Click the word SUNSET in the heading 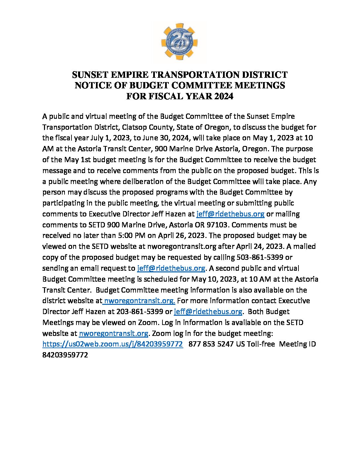[90, 75]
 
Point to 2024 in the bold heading [224, 96]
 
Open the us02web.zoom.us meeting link [112, 344]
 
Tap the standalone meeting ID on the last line [65, 355]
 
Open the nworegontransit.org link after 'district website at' [139, 301]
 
